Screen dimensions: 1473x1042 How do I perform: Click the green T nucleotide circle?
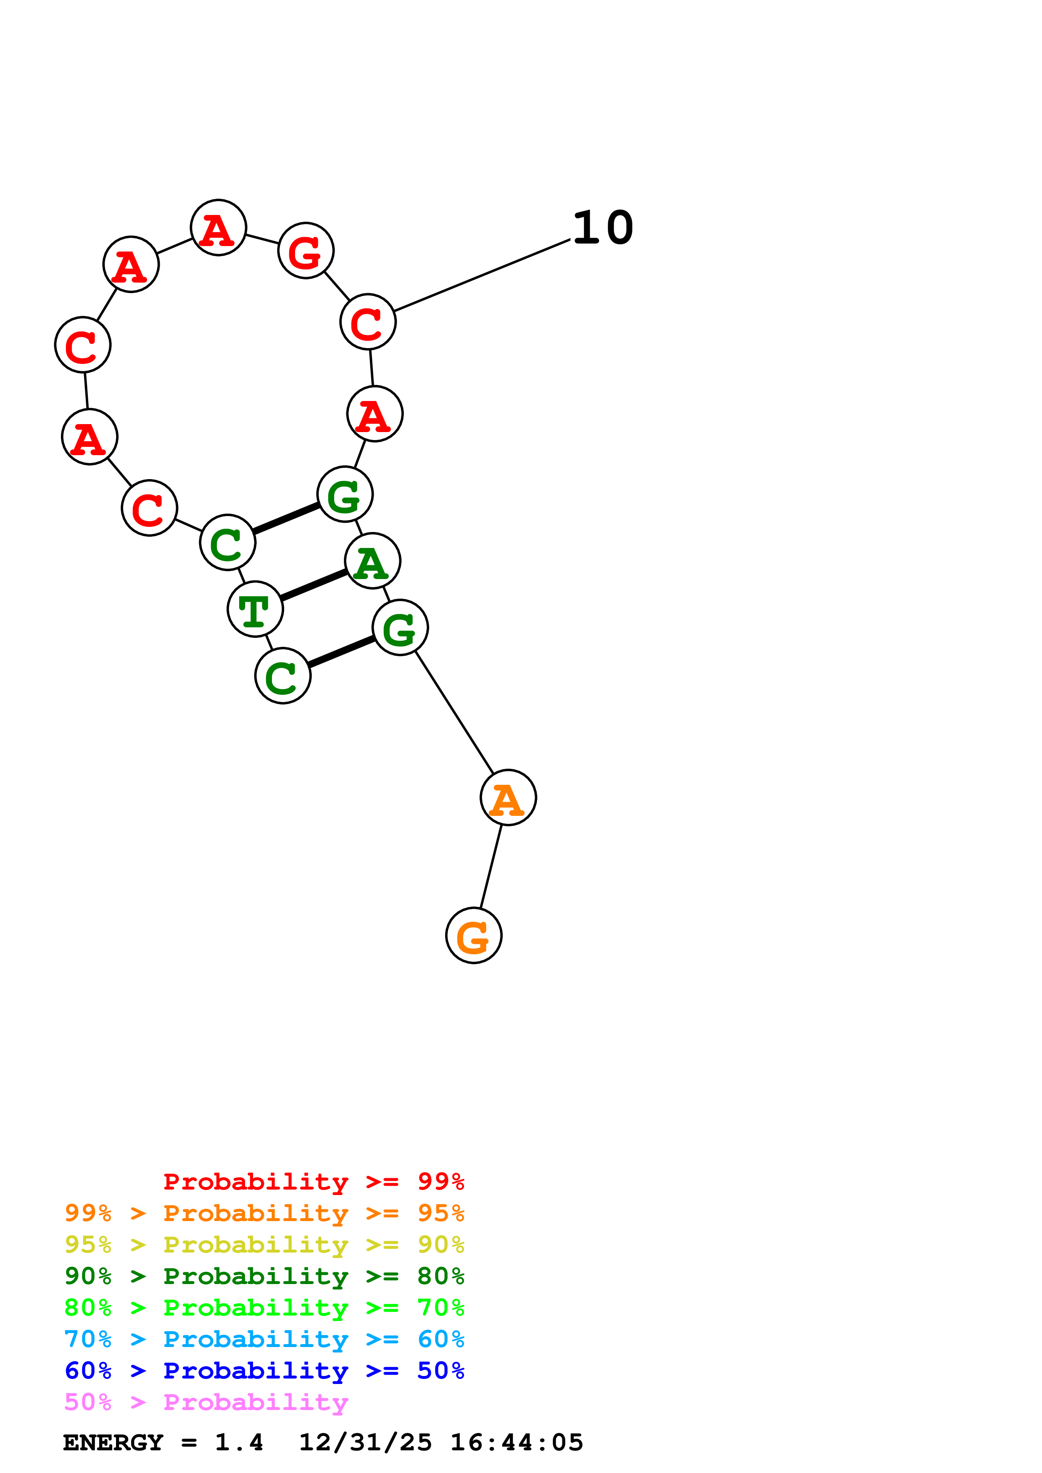255,609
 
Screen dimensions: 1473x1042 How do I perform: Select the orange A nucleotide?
508,797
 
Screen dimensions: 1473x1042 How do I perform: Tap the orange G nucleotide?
474,936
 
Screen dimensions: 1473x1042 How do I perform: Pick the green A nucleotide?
372,561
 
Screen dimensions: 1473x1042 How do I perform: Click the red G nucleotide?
306,250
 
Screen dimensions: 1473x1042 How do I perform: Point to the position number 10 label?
603,228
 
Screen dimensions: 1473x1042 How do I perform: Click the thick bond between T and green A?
314,584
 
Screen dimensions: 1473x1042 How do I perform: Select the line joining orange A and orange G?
491,866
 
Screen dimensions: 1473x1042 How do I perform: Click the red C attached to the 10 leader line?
368,322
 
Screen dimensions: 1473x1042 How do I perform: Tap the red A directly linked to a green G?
375,414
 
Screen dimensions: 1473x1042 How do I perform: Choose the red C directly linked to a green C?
150,508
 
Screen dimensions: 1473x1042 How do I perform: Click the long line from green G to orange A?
454,713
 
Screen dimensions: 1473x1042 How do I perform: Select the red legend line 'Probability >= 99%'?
313,1182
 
